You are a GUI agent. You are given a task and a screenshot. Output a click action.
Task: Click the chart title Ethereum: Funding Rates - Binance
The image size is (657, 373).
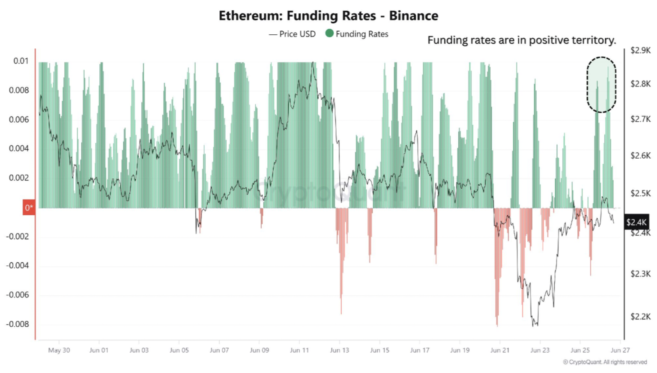click(328, 16)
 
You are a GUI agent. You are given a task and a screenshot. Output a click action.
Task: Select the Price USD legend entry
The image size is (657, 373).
click(293, 34)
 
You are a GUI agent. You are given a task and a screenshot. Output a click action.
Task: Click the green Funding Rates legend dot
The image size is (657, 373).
click(329, 33)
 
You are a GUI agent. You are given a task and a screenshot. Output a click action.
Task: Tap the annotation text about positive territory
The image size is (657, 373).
click(521, 40)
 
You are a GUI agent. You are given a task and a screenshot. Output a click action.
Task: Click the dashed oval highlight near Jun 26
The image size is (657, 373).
click(601, 84)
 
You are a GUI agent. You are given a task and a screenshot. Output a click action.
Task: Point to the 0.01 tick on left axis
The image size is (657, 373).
click(21, 61)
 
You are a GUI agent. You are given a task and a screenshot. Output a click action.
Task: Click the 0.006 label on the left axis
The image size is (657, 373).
click(19, 120)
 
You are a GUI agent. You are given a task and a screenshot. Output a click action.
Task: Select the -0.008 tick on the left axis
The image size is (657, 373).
click(18, 324)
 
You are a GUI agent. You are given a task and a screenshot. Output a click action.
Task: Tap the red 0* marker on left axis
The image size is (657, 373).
click(29, 208)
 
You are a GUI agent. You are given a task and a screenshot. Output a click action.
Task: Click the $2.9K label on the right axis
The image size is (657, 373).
click(640, 51)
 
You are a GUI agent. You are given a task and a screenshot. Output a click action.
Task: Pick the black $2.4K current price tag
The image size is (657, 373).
click(636, 222)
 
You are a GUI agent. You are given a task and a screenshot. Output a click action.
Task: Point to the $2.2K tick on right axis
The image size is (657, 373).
click(640, 317)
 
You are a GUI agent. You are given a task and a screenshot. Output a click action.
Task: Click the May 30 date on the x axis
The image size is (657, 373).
click(59, 350)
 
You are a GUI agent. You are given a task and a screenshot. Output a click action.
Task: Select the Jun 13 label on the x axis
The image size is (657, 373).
click(339, 350)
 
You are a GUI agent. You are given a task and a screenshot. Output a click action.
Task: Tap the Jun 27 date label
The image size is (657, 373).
click(620, 350)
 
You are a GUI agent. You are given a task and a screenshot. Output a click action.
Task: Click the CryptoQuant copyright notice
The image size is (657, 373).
click(605, 362)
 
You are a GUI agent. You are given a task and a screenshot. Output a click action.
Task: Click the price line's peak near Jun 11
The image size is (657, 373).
click(313, 63)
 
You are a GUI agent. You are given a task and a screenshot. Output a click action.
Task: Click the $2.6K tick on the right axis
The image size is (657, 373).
click(640, 156)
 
